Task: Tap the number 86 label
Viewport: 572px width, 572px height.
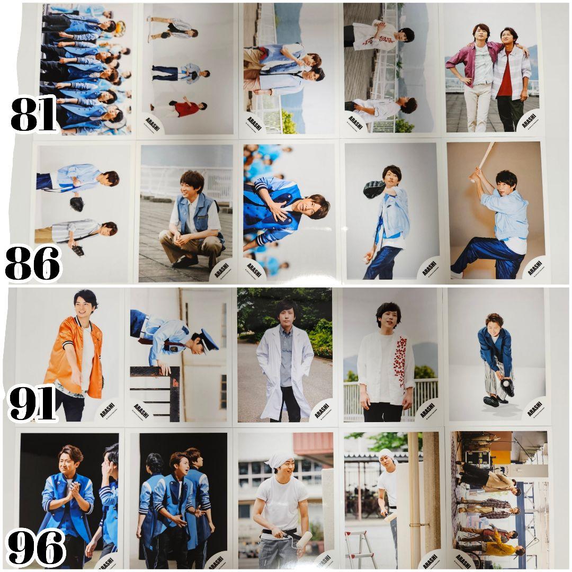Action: (x=33, y=263)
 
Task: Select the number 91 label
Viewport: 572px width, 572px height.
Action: (x=33, y=404)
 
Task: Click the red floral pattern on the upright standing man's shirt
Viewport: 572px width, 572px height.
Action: (x=400, y=360)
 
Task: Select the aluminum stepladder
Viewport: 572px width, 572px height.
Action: (x=360, y=551)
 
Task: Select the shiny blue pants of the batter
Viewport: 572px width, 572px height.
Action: (x=487, y=257)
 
